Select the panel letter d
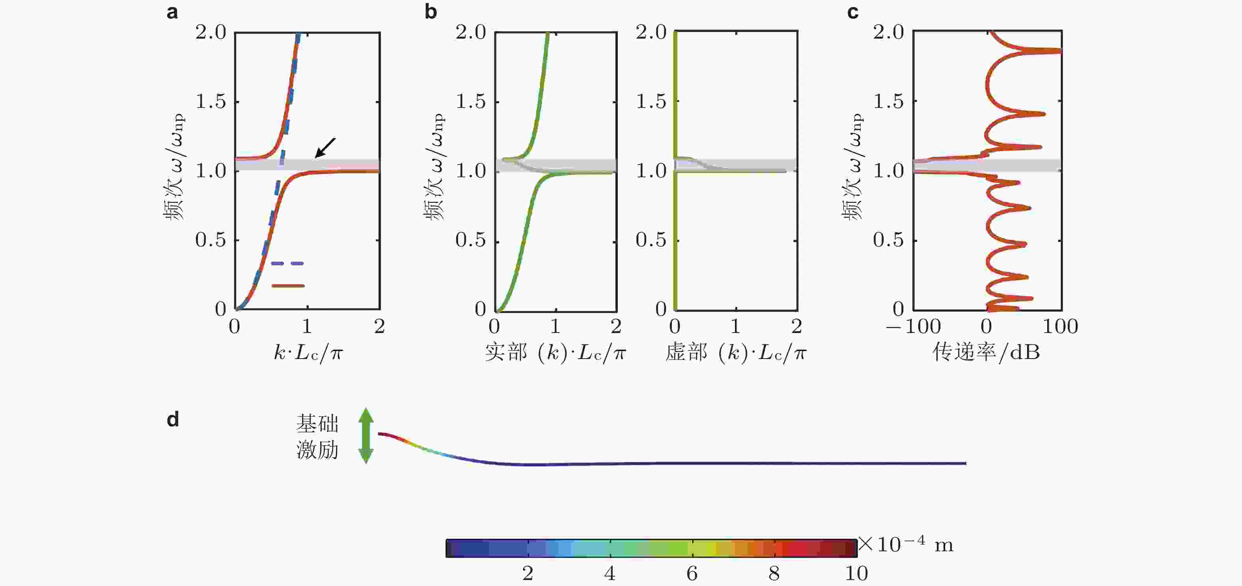(x=173, y=420)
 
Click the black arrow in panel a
(x=325, y=148)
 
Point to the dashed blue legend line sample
(x=287, y=264)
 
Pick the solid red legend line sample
(x=288, y=286)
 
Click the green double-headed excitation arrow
(x=366, y=435)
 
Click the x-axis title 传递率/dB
(x=986, y=352)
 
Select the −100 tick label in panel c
(x=913, y=327)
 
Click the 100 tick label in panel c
(x=1060, y=327)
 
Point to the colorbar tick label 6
(x=692, y=573)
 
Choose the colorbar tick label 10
(x=856, y=573)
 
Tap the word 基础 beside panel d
(x=317, y=424)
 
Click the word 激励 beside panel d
(x=317, y=450)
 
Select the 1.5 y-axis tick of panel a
(x=211, y=102)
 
